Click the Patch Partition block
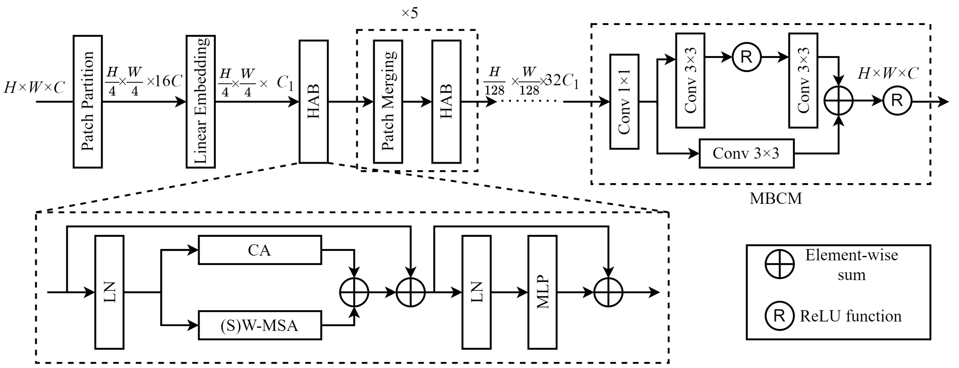[87, 102]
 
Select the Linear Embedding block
[201, 102]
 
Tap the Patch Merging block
[388, 102]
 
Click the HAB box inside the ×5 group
[447, 102]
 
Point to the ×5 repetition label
[410, 13]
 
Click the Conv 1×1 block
[624, 102]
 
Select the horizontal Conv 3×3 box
[746, 153]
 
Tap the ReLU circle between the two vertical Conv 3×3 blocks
[746, 57]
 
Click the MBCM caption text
[776, 199]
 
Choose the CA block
[260, 250]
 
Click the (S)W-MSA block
[260, 326]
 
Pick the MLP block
[542, 292]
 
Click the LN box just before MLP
[476, 292]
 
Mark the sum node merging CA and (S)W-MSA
[354, 292]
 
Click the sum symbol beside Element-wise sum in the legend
[779, 264]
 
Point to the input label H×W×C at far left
[34, 88]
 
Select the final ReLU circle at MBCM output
[897, 101]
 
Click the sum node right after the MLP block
[608, 292]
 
